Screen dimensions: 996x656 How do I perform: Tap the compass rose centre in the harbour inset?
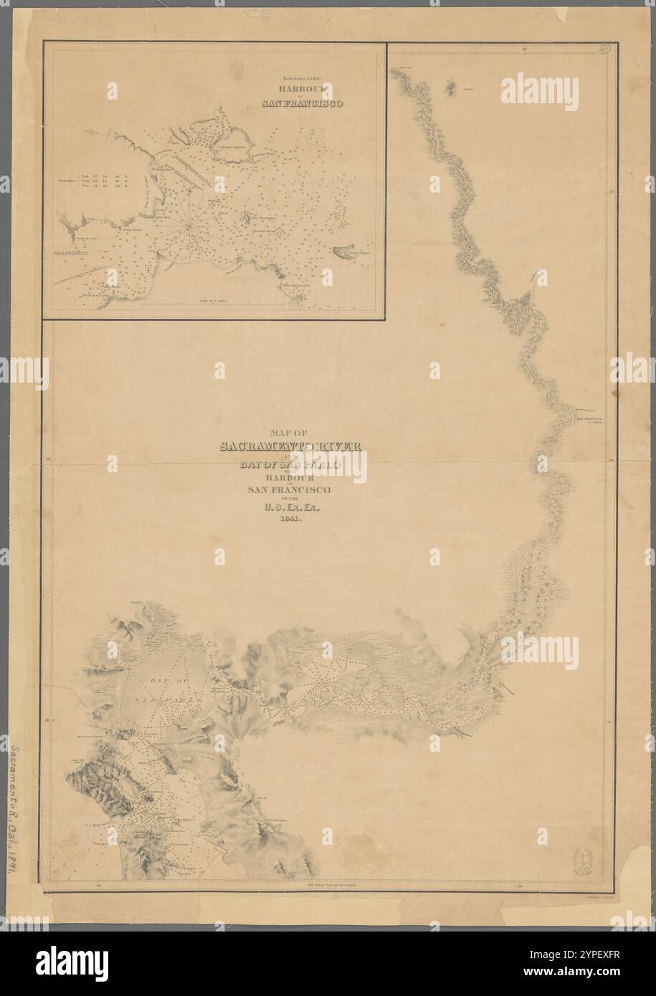187,224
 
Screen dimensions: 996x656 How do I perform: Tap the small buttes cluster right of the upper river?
452,87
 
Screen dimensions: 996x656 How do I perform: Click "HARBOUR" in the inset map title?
300,88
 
